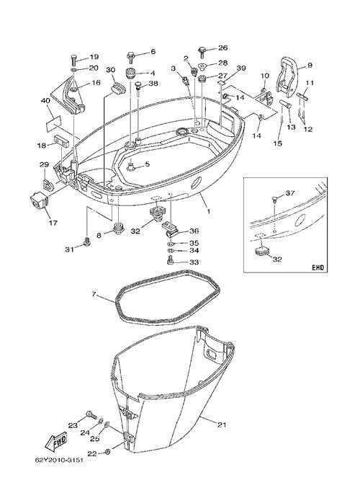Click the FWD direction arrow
pyautogui.click(x=56, y=442)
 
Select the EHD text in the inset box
pyautogui.click(x=318, y=268)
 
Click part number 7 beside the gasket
pyautogui.click(x=94, y=295)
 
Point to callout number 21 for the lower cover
pyautogui.click(x=222, y=424)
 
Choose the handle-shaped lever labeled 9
pyautogui.click(x=287, y=77)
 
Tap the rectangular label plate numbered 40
pyautogui.click(x=53, y=123)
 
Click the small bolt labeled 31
pyautogui.click(x=86, y=242)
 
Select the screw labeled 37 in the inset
pyautogui.click(x=275, y=199)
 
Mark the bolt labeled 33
pyautogui.click(x=170, y=260)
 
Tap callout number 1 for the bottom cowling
pyautogui.click(x=208, y=211)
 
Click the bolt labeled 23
pyautogui.click(x=91, y=414)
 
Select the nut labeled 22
pyautogui.click(x=107, y=452)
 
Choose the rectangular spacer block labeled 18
pyautogui.click(x=61, y=141)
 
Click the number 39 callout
pyautogui.click(x=241, y=68)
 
